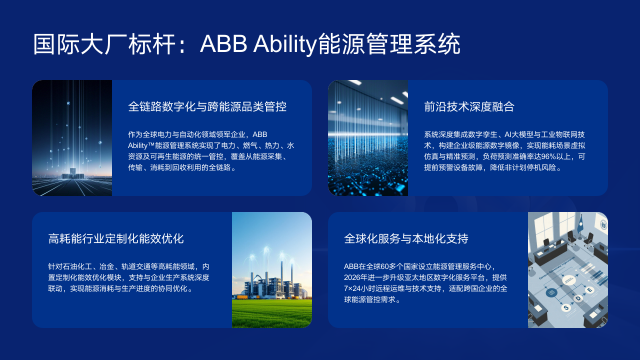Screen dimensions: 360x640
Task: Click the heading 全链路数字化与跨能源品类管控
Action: point(207,104)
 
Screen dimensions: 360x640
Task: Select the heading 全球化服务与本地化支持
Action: point(405,239)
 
